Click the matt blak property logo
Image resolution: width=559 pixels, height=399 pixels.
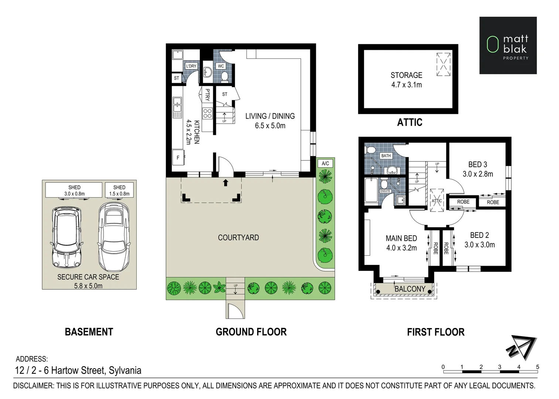[x=508, y=45]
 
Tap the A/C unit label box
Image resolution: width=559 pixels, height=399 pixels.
[x=325, y=163]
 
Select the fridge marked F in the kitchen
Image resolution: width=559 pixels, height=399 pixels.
[x=178, y=158]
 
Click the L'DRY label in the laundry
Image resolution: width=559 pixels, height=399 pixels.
[x=191, y=66]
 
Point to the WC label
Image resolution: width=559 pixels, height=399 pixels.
[x=221, y=66]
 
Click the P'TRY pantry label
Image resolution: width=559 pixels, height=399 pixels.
[x=207, y=95]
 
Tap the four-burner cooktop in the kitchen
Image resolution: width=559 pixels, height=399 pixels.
[x=207, y=113]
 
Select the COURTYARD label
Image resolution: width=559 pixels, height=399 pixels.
[x=238, y=238]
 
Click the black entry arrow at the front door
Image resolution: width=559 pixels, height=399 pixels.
[x=225, y=183]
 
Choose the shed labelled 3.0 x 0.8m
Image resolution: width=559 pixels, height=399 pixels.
[x=74, y=190]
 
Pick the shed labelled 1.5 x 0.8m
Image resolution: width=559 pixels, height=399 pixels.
[x=119, y=190]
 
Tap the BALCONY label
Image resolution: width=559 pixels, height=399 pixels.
[x=410, y=289]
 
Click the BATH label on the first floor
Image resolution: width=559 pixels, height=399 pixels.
[x=386, y=156]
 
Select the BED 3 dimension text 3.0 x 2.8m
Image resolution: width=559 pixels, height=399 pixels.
[x=478, y=174]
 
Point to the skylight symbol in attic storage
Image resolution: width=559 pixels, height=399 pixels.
[x=443, y=64]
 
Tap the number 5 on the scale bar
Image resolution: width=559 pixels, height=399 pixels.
[x=538, y=367]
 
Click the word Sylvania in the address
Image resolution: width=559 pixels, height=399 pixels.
[x=125, y=370]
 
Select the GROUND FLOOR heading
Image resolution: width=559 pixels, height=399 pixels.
[x=251, y=332]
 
